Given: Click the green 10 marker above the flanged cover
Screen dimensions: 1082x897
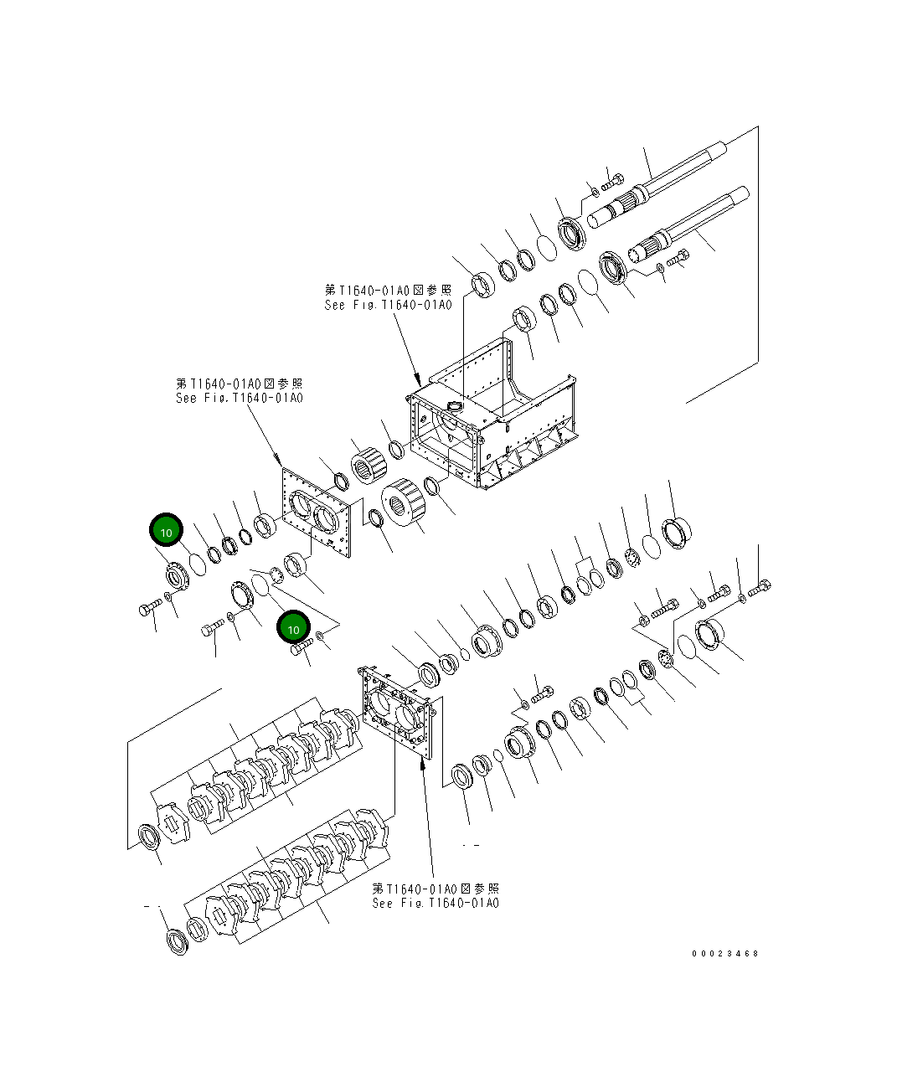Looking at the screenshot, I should click(166, 531).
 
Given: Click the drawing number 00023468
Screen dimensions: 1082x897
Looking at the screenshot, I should click(724, 953).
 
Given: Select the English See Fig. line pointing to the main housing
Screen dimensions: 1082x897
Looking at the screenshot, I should click(388, 305).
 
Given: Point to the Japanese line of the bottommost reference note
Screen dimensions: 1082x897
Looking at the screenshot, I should click(436, 888).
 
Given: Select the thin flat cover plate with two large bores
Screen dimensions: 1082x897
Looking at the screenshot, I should click(315, 512).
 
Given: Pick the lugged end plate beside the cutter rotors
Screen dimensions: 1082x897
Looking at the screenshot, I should click(397, 716).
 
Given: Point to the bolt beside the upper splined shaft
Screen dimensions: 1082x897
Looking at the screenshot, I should click(612, 179).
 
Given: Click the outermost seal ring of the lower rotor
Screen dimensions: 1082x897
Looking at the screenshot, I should click(177, 940).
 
